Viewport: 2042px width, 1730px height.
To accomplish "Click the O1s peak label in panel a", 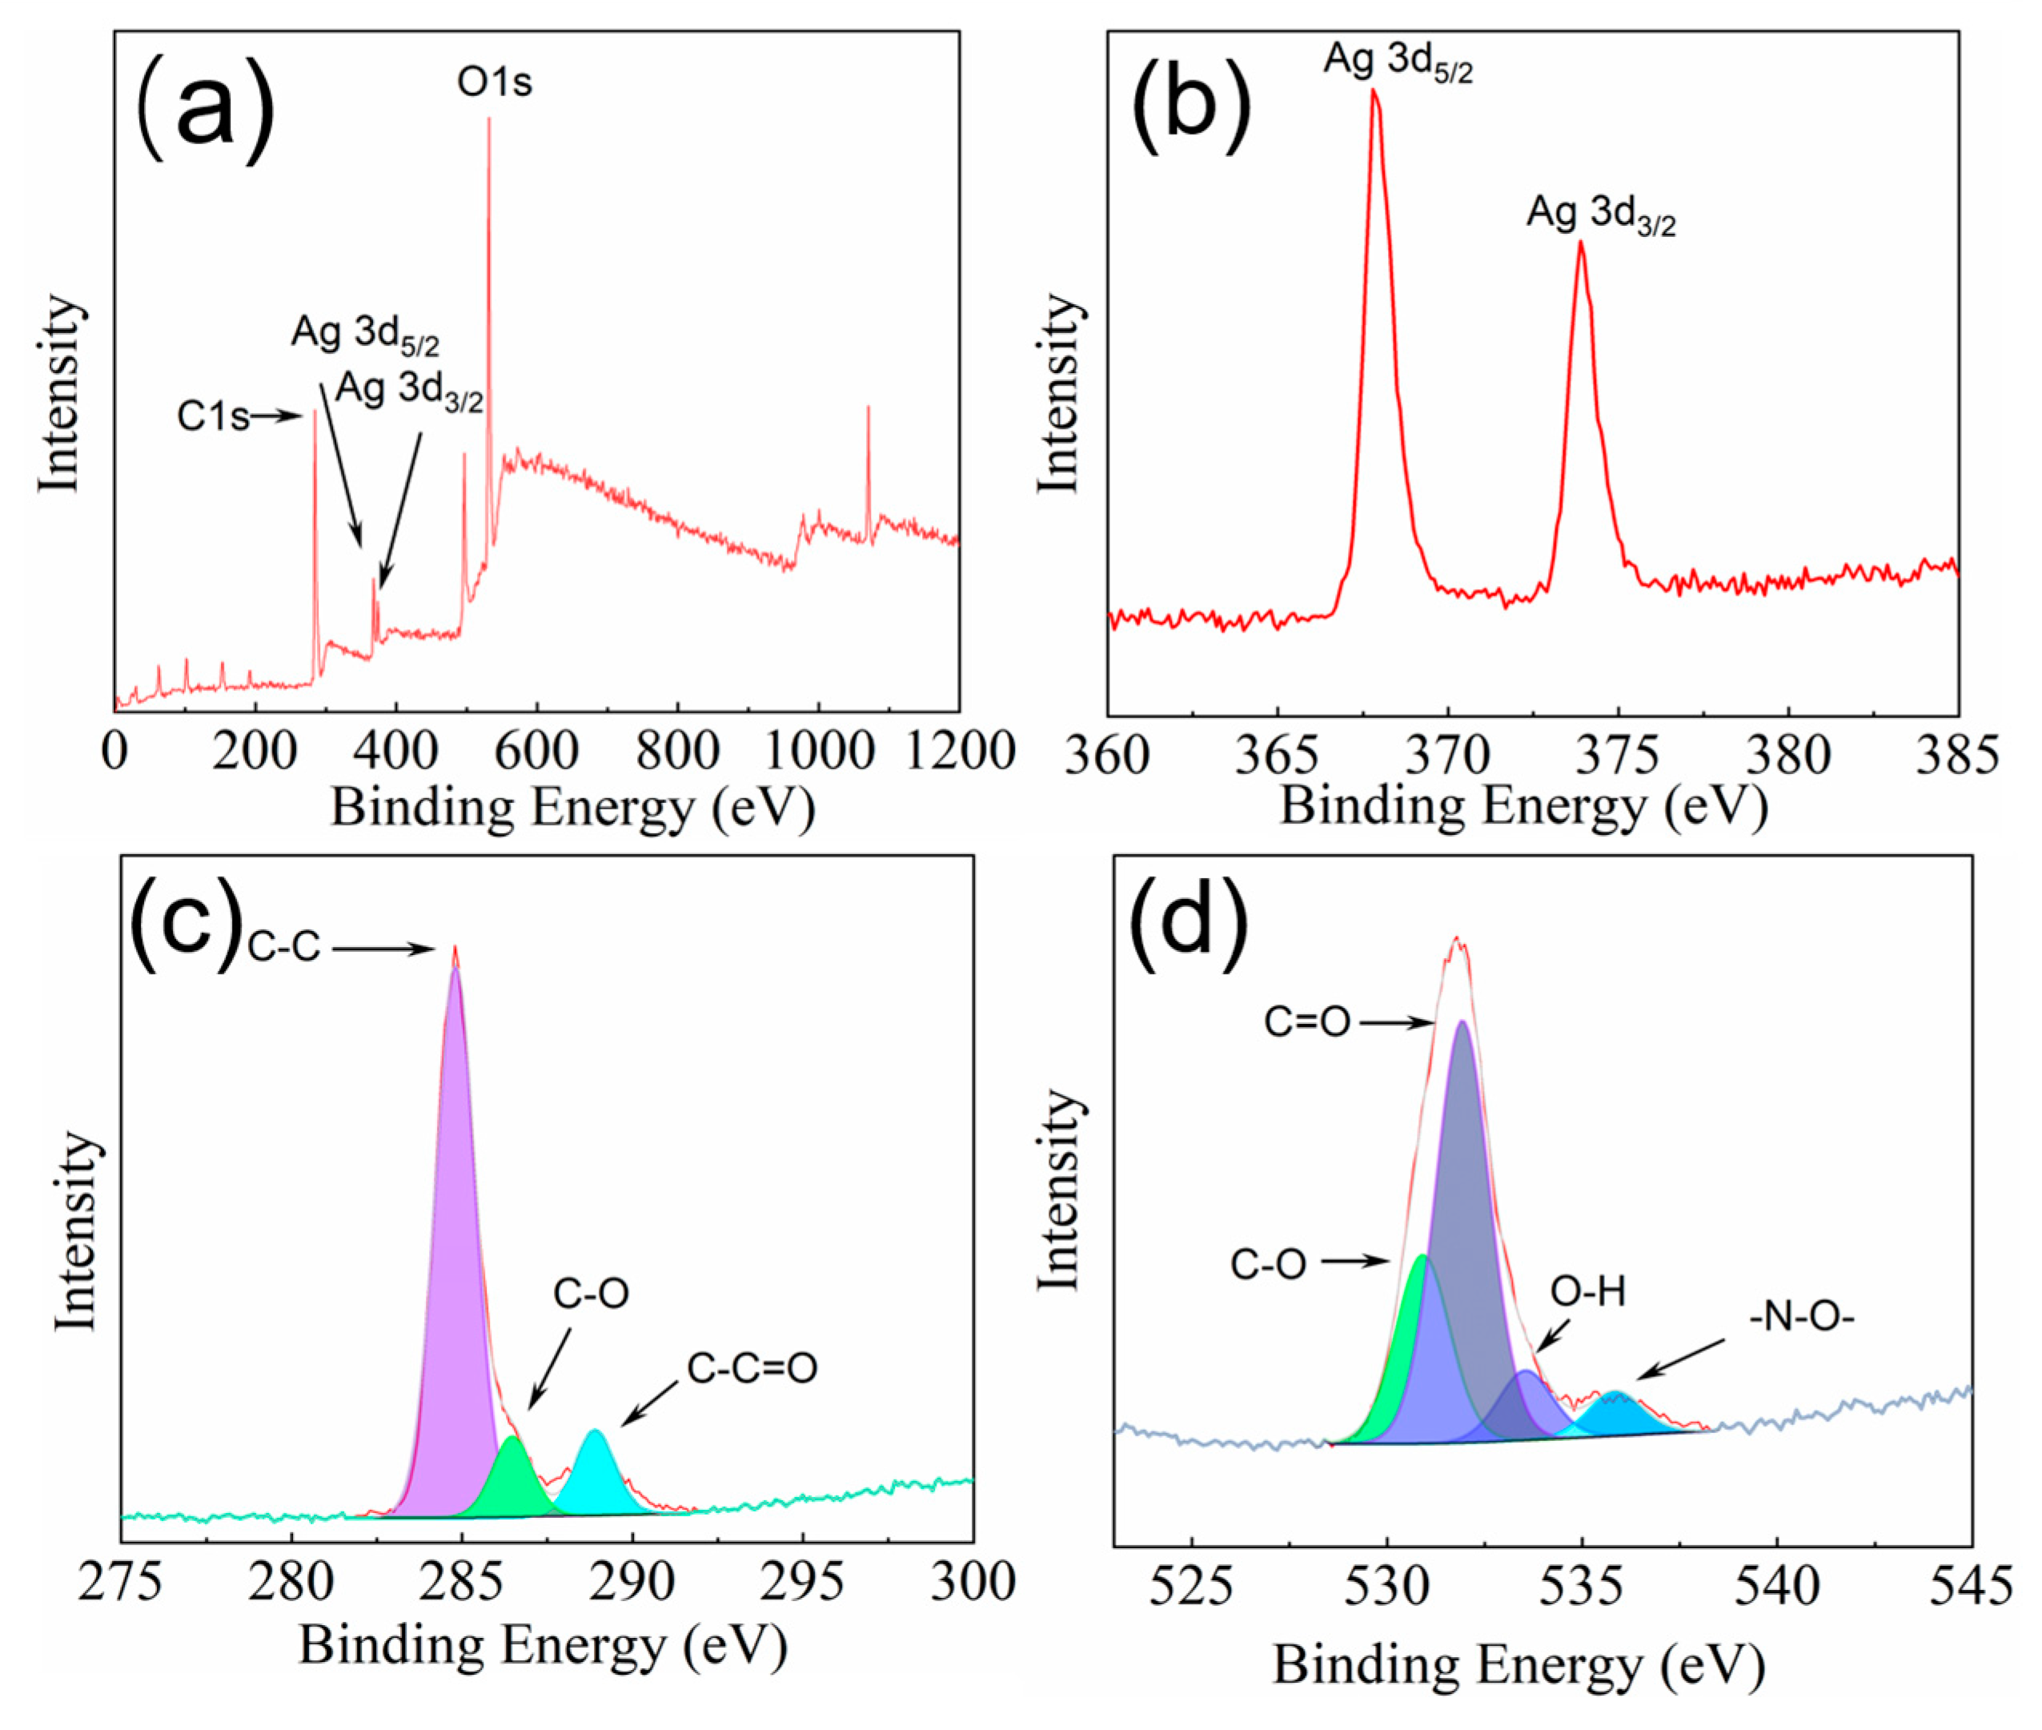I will pos(495,82).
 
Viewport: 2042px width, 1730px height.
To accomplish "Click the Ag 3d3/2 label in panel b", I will pos(1601,215).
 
